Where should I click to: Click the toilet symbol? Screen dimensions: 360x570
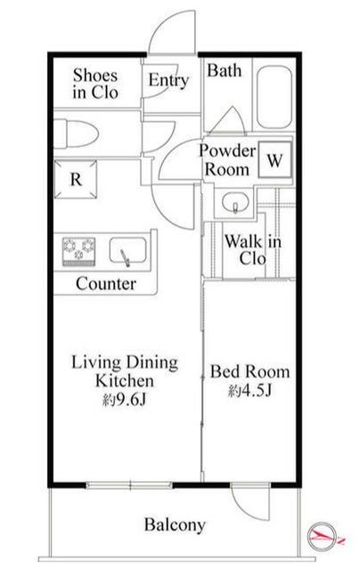[76, 134]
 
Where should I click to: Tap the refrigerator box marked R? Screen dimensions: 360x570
[76, 179]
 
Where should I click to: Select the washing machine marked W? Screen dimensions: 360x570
[275, 159]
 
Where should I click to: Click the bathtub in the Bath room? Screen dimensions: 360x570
[274, 97]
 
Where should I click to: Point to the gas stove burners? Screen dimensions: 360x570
[79, 251]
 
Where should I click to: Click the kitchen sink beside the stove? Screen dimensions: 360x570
[128, 251]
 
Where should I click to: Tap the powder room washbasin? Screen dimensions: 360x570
[235, 202]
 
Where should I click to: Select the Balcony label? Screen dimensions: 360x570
[175, 525]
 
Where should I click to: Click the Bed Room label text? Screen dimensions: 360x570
[250, 371]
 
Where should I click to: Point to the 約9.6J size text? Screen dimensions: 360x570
[125, 400]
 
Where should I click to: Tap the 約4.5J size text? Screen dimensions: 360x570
[250, 391]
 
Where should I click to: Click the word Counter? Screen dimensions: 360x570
[106, 283]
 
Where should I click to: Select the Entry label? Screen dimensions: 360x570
[168, 80]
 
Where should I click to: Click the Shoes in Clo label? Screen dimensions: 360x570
[95, 84]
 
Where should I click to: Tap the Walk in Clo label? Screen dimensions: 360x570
[253, 250]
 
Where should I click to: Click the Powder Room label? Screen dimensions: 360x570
[227, 160]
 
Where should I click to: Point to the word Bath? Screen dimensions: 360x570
[224, 70]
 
